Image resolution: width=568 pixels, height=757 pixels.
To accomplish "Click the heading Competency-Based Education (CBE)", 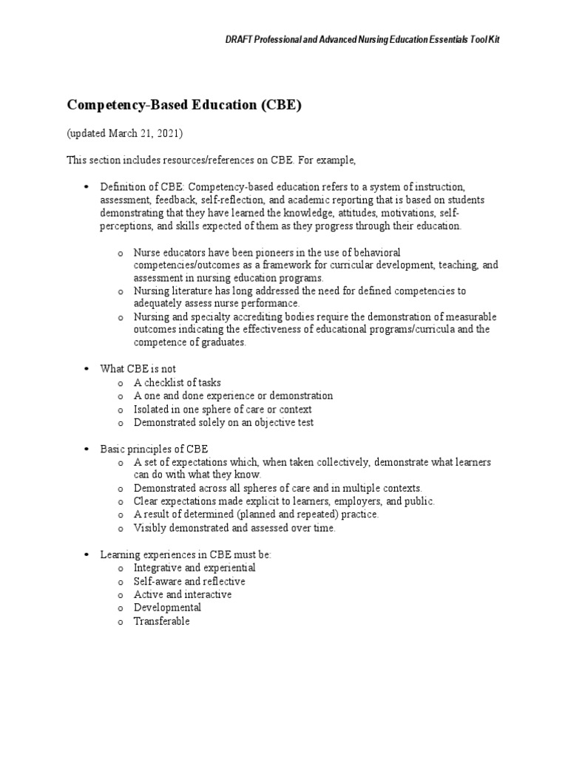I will (x=184, y=105).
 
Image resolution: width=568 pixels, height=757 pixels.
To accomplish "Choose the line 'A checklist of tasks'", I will (x=177, y=383).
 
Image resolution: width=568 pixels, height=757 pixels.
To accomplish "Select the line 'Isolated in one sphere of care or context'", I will (x=223, y=410).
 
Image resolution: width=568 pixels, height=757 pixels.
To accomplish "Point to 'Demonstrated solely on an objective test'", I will (x=223, y=423).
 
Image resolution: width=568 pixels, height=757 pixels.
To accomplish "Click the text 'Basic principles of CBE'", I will (x=155, y=449).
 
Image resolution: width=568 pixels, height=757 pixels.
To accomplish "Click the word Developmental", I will (x=167, y=608).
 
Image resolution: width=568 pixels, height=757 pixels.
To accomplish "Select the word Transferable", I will (x=161, y=621).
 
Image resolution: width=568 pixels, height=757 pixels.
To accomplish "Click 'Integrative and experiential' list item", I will (x=195, y=568).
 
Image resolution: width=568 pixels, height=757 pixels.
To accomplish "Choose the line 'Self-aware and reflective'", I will (x=189, y=581).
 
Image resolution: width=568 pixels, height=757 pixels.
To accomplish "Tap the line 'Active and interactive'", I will (x=182, y=594).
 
